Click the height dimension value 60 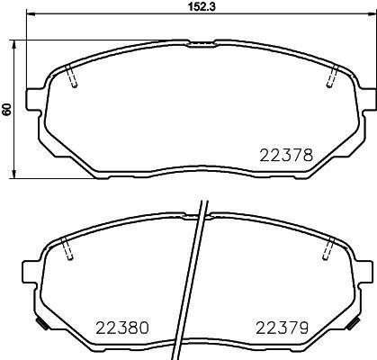click(8, 109)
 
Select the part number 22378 click(286, 156)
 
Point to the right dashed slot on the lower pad click(329, 247)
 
